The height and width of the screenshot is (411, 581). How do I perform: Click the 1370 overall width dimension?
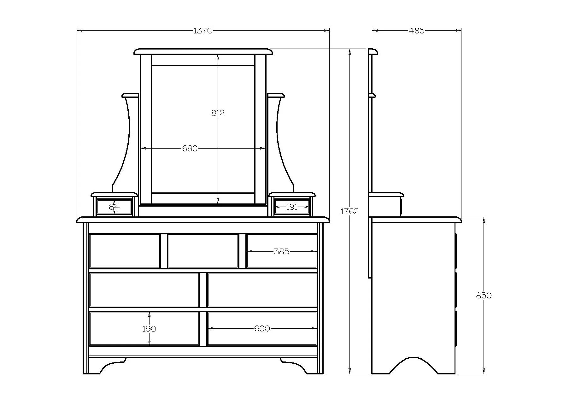click(x=203, y=31)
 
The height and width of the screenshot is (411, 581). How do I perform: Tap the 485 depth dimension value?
click(x=417, y=31)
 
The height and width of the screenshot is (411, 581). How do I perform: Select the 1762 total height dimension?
click(x=349, y=211)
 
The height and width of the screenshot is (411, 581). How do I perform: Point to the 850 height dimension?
click(x=484, y=296)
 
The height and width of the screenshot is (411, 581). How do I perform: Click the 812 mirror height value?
click(x=218, y=113)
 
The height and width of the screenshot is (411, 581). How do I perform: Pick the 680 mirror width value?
click(x=190, y=148)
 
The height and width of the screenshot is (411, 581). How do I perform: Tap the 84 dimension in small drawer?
click(x=114, y=207)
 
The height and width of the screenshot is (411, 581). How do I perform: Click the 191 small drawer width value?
click(x=292, y=207)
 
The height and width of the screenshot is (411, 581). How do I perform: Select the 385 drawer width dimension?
click(x=281, y=251)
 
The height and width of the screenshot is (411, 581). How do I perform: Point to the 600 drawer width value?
click(x=262, y=329)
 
